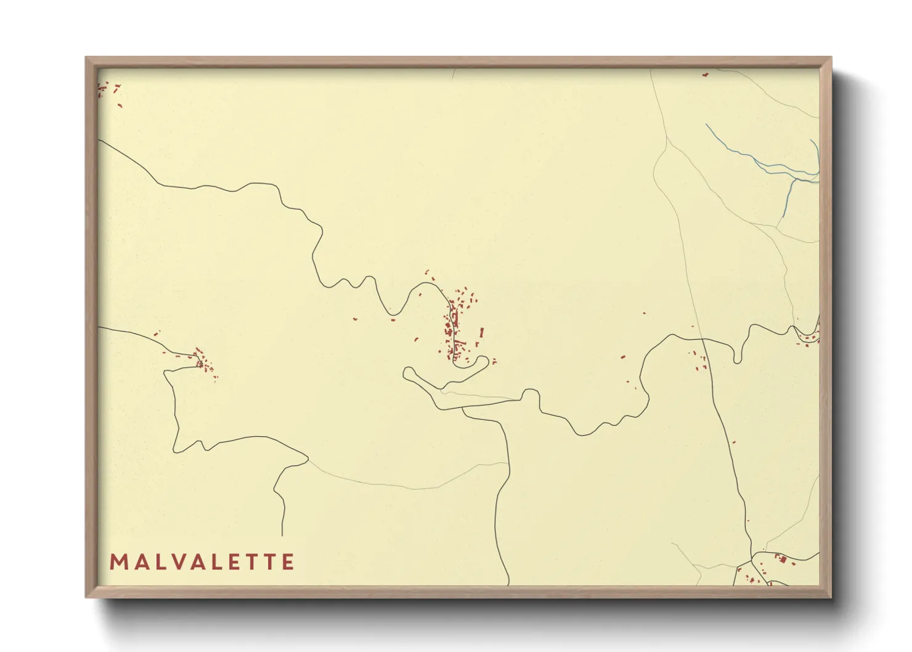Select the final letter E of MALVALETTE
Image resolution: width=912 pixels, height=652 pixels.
point(288,562)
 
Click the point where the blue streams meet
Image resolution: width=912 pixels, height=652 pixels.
point(797,179)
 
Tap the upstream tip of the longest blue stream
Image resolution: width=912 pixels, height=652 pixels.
point(707,125)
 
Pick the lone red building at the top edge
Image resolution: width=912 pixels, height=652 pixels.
point(706,75)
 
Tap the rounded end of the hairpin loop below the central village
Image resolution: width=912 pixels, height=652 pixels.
point(408,372)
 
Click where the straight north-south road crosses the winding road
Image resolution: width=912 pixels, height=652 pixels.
point(704,340)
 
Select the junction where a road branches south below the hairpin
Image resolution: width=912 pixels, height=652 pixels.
point(463,409)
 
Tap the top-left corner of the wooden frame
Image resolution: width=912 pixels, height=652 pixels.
point(86,58)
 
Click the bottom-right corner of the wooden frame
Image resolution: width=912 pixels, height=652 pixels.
point(831,597)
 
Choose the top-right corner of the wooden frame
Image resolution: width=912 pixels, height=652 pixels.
point(831,58)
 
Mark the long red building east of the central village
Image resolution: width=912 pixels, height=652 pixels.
point(481,333)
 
